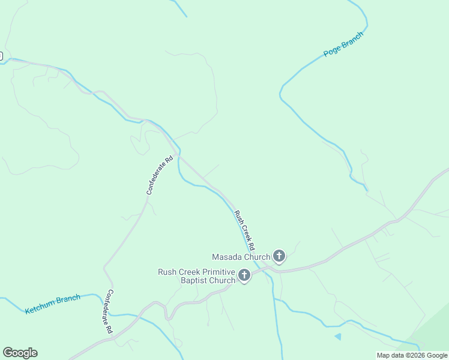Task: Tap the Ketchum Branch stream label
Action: (x=53, y=304)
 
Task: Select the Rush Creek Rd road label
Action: (x=244, y=230)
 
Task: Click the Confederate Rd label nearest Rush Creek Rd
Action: (x=160, y=175)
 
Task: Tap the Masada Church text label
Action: (x=241, y=257)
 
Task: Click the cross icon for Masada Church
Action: (x=279, y=256)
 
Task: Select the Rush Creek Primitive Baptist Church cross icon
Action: (x=244, y=275)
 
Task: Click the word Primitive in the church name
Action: (x=214, y=272)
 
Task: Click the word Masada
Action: (x=226, y=257)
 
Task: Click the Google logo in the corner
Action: (x=20, y=353)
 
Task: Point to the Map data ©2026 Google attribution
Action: (x=412, y=355)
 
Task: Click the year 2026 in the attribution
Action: (x=418, y=355)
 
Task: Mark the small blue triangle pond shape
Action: (x=338, y=337)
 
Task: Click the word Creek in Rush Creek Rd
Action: (x=244, y=230)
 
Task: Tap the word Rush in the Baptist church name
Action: (x=167, y=272)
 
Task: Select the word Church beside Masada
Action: (x=256, y=257)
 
